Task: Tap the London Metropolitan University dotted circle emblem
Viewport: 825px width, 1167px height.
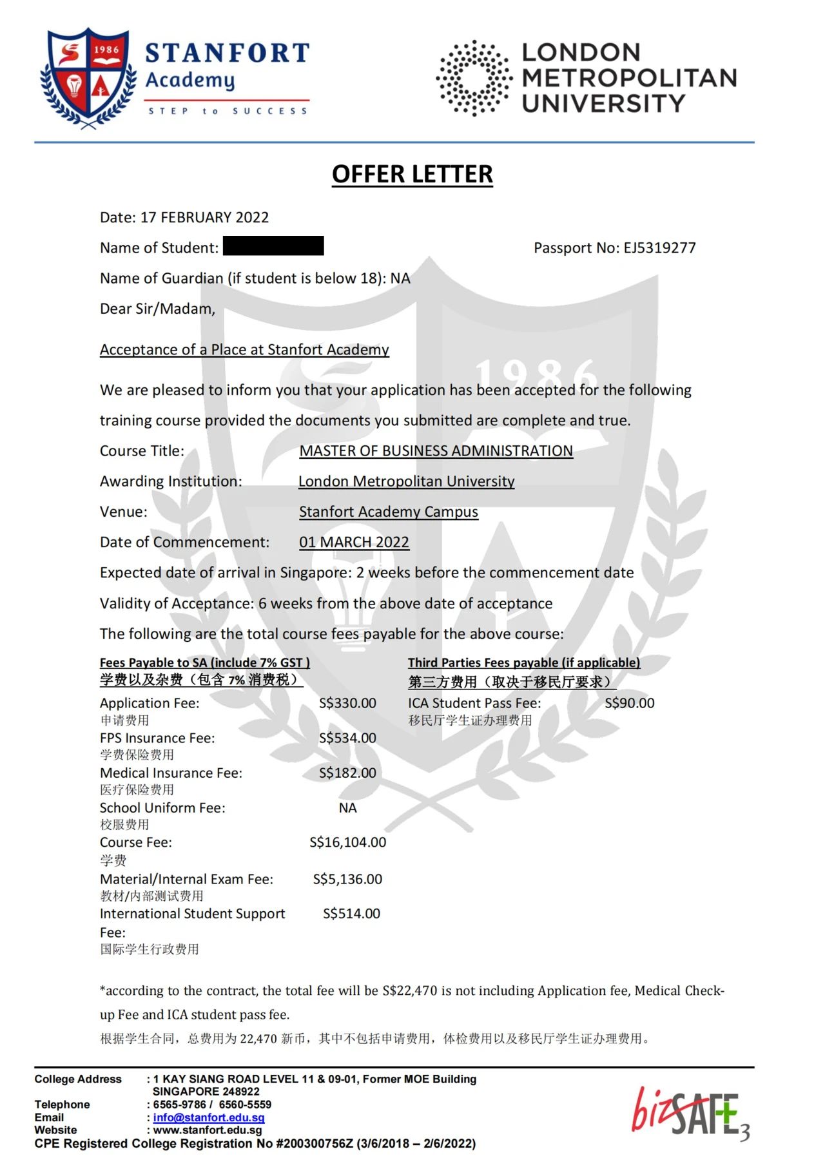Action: tap(474, 78)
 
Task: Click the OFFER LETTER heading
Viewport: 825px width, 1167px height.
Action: tap(412, 174)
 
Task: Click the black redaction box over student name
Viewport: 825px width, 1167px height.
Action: tap(273, 246)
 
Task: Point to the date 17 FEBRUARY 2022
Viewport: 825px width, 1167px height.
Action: tap(204, 217)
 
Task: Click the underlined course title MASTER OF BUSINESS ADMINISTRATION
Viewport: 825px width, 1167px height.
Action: tap(436, 451)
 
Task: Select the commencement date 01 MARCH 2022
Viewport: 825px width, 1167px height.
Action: tap(354, 543)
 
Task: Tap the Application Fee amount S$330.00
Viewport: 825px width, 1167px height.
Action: tap(347, 703)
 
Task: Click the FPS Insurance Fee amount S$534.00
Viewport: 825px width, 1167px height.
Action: tap(347, 738)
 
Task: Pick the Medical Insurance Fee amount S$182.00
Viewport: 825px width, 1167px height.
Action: tap(347, 773)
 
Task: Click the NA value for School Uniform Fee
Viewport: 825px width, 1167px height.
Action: tap(347, 808)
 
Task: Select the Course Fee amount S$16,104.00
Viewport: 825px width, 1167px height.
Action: tap(347, 842)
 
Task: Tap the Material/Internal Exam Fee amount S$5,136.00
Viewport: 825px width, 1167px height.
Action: tap(347, 879)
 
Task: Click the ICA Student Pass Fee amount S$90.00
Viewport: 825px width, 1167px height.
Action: tap(629, 703)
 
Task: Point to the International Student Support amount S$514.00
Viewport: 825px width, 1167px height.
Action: tap(351, 914)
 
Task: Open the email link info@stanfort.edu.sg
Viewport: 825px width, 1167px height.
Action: tap(209, 1118)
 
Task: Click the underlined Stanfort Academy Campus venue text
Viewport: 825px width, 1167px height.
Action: tap(388, 512)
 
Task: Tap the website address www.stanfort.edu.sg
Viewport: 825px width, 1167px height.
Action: tap(208, 1130)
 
